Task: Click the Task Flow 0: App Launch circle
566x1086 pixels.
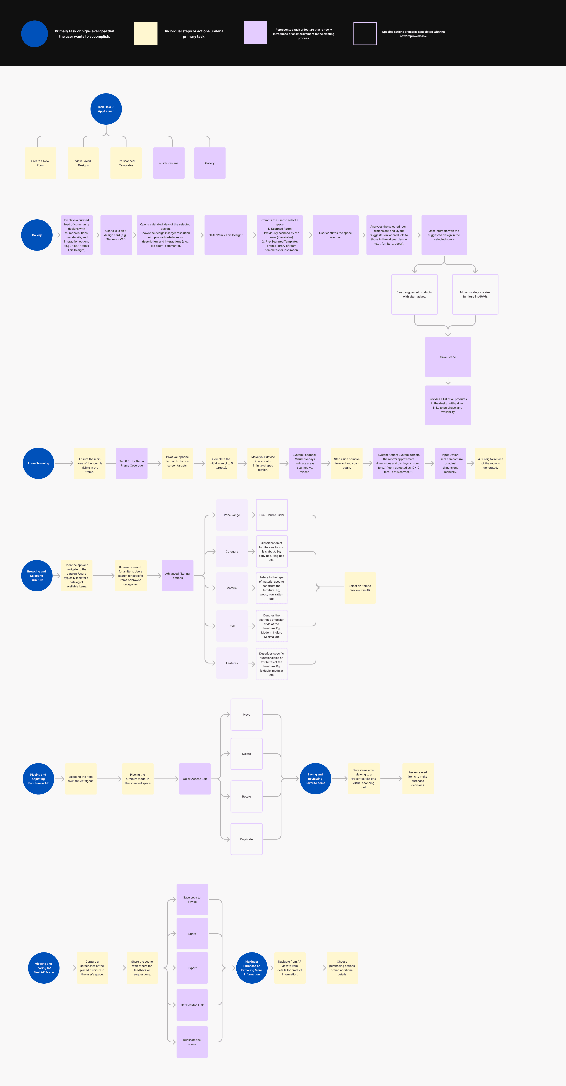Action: coord(106,109)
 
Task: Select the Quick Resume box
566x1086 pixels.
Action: coord(169,163)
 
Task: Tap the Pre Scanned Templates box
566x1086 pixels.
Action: coord(126,163)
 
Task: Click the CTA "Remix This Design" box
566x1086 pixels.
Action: coord(226,235)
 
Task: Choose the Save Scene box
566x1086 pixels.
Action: coord(448,357)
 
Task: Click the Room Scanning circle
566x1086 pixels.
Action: coord(38,463)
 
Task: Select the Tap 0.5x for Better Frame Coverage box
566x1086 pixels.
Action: coord(132,463)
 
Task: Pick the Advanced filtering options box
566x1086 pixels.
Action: coord(178,575)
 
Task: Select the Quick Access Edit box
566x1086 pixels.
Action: coord(195,779)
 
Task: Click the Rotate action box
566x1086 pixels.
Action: coord(246,796)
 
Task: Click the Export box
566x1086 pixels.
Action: coord(192,968)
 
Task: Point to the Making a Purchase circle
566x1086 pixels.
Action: coord(252,968)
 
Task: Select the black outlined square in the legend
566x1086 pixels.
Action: coord(365,34)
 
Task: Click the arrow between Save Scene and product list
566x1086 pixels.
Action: coord(448,381)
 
